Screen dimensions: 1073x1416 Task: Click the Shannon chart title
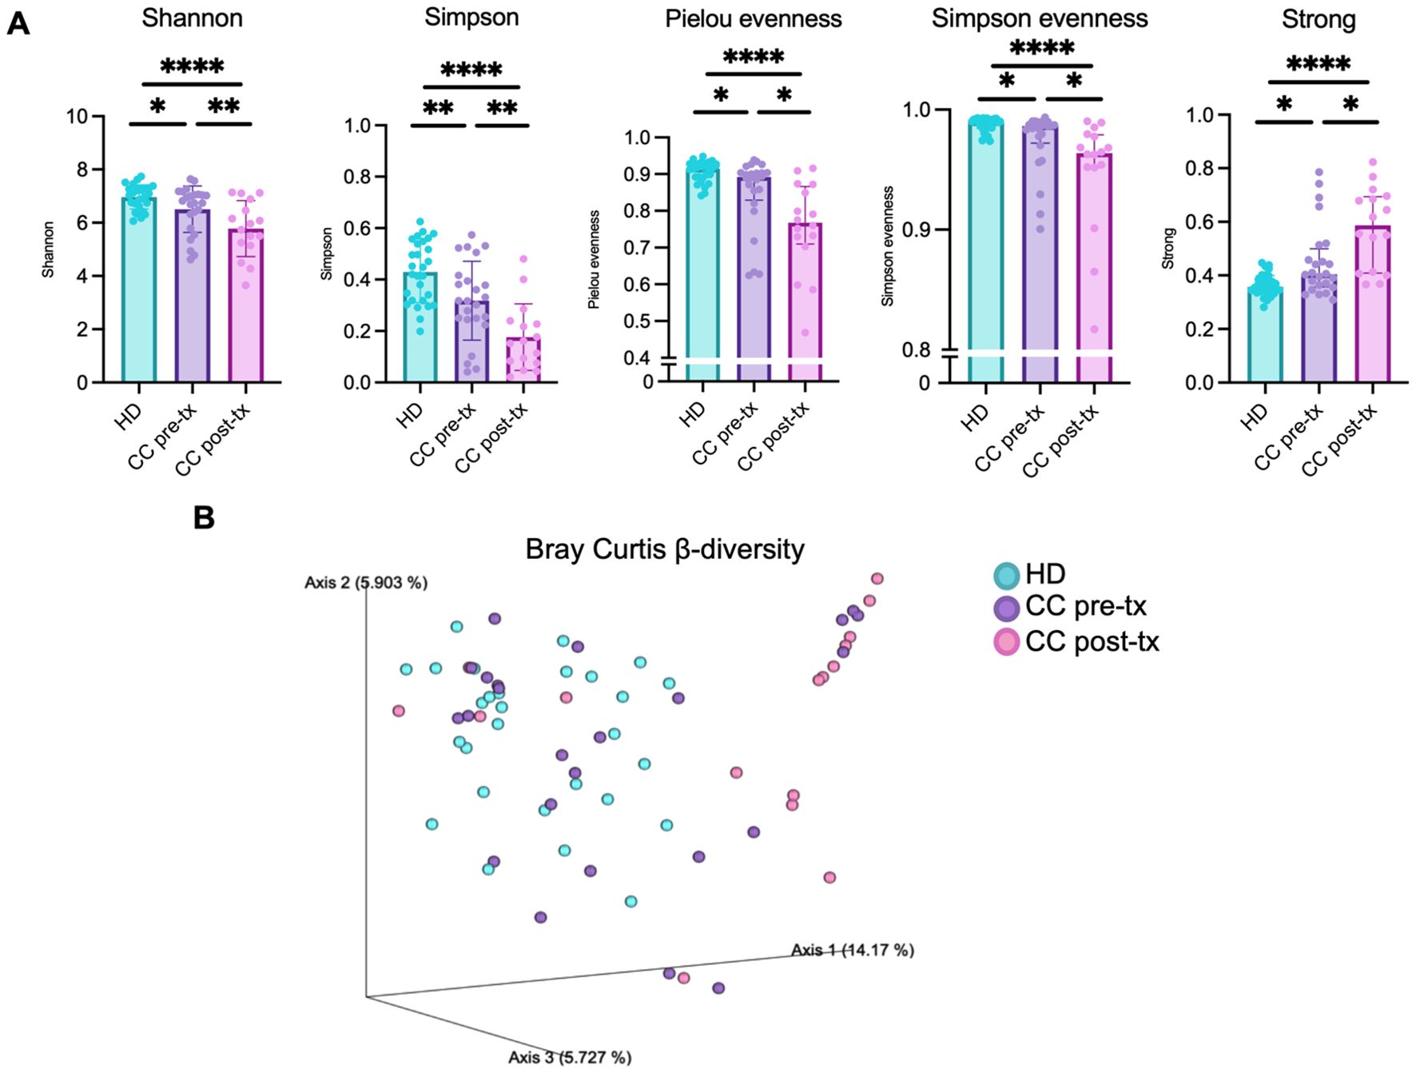point(192,18)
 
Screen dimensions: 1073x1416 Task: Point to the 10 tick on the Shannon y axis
point(77,117)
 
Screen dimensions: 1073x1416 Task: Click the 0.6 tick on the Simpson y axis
point(357,229)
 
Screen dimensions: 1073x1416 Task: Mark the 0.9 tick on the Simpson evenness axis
point(916,230)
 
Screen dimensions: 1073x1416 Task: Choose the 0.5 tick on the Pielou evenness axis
point(638,321)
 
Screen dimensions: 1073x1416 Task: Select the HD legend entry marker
point(1006,575)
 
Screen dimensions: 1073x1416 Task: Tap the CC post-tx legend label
point(1092,642)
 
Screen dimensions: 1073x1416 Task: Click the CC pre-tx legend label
point(1085,607)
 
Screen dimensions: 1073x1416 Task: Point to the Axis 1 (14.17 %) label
point(852,950)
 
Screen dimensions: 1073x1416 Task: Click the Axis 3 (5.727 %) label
point(570,1057)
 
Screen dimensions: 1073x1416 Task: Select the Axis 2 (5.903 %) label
point(366,583)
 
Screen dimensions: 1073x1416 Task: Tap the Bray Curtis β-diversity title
point(664,550)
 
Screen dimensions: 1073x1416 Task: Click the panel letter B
point(204,518)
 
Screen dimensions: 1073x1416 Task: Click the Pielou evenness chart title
point(753,19)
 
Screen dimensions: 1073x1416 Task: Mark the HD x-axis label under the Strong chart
point(1255,414)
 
